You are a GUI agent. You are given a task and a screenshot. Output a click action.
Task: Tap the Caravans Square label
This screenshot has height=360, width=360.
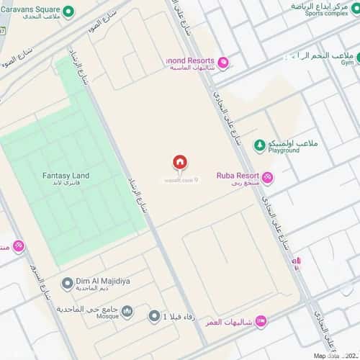(30, 11)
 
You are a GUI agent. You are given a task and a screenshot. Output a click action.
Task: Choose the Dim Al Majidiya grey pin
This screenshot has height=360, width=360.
(66, 282)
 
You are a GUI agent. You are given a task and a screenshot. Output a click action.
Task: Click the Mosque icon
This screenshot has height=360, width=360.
(127, 311)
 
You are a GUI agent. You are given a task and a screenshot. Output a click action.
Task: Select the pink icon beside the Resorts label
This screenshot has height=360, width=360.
(223, 63)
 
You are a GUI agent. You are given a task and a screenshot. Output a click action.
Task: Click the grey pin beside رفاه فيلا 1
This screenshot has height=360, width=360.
(153, 315)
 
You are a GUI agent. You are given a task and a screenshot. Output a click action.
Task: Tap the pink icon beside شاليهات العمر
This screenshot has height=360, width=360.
(261, 321)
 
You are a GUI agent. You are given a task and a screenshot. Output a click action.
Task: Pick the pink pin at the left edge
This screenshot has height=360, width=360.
(18, 246)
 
